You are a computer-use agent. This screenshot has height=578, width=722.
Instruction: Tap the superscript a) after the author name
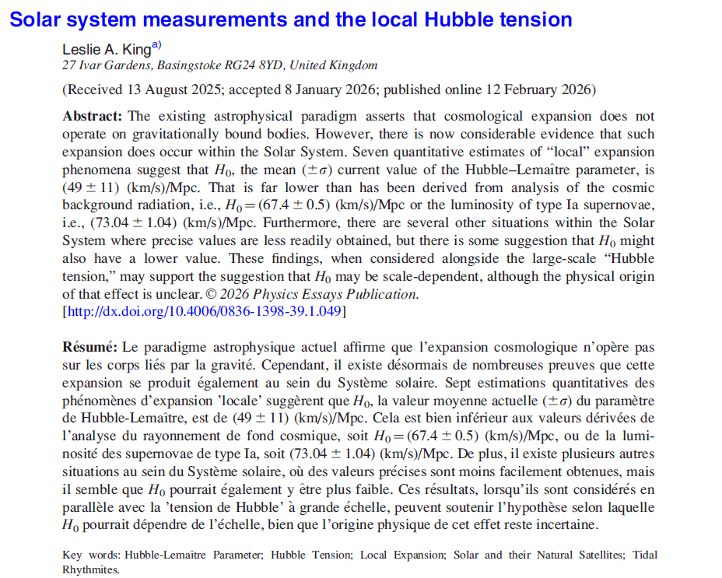(x=156, y=44)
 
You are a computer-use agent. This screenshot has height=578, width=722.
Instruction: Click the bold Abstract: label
(x=93, y=116)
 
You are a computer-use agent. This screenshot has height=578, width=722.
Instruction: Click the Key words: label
(x=91, y=555)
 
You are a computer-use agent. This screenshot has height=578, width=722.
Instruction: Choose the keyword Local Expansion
(x=405, y=555)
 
